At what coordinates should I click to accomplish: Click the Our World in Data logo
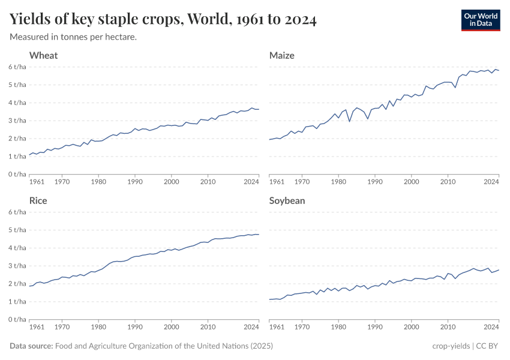coord(480,19)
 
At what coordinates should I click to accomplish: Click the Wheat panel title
coord(43,55)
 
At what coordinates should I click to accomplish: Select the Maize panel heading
coord(282,55)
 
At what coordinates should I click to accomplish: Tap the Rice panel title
coord(38,200)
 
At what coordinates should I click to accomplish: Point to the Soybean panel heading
coord(287,200)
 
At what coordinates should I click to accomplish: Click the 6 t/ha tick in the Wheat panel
coord(17,67)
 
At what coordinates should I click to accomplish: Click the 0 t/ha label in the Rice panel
coord(17,319)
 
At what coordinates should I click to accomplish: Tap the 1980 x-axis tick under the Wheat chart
coord(98,181)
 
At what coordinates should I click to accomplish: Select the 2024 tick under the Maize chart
coord(491,181)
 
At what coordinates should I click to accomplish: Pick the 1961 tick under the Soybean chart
coord(277,326)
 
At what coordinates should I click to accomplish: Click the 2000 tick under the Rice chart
coord(172,326)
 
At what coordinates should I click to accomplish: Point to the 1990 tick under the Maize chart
coord(375,181)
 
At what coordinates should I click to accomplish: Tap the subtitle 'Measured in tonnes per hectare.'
coord(73,37)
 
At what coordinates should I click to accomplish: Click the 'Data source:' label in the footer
coord(31,346)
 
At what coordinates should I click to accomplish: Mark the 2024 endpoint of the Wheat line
coord(259,109)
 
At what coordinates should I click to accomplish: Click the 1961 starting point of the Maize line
coord(270,139)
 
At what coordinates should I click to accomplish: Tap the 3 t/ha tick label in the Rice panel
coord(17,265)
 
